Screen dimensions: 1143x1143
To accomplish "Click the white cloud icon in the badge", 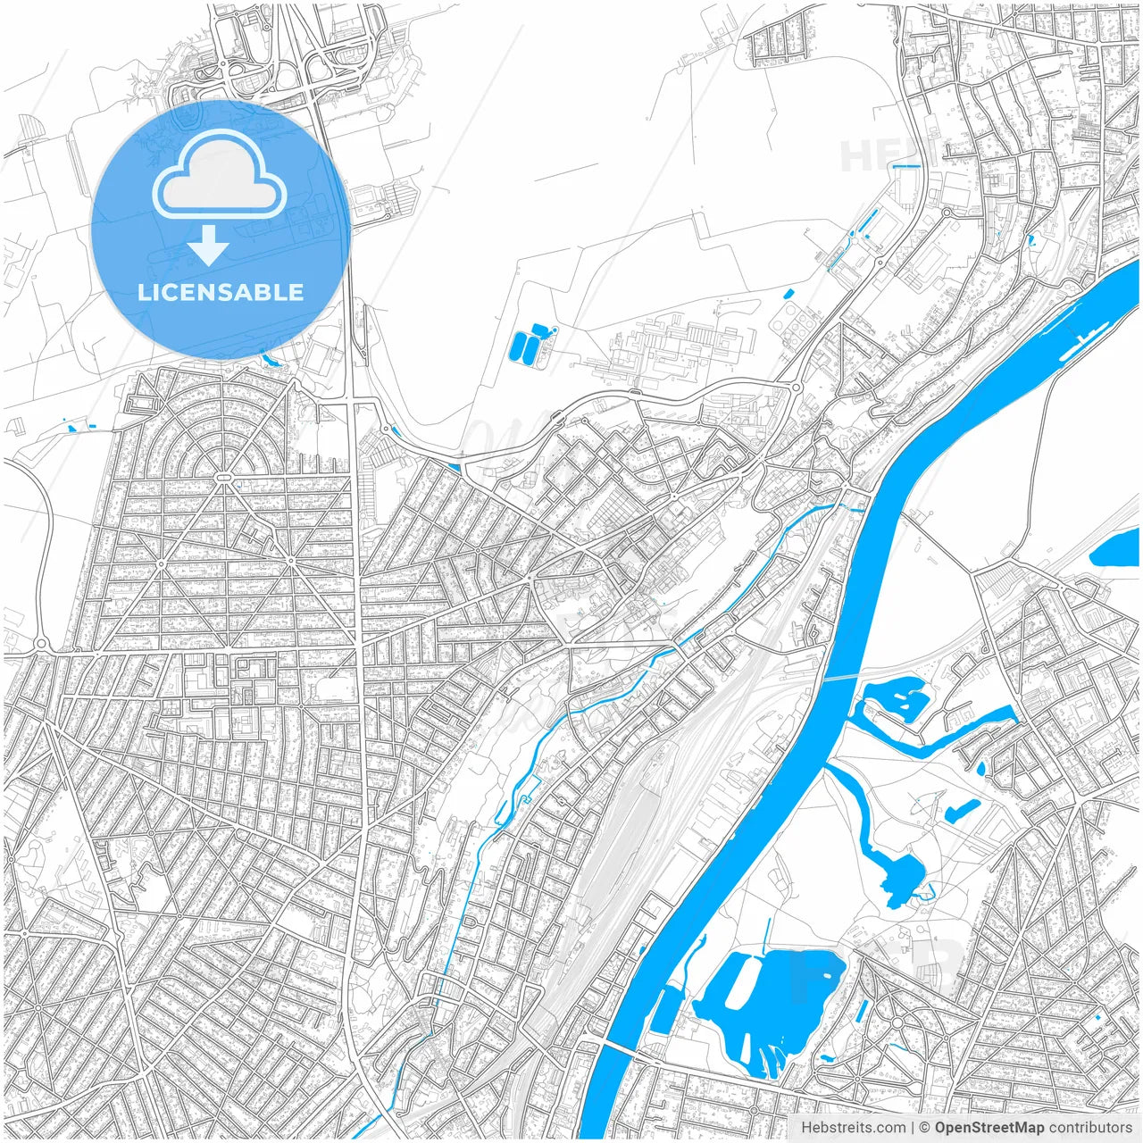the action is coord(220,178).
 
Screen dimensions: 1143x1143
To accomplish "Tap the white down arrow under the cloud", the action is coord(208,245).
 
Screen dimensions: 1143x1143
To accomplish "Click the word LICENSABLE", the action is coord(221,292).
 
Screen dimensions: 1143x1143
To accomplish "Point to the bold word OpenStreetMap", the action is coord(989,1128).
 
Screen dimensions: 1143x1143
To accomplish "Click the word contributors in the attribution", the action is coord(1090,1128).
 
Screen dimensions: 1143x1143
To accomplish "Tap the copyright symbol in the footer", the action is coord(925,1128).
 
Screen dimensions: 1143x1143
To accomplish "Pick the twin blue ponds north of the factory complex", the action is coord(526,345).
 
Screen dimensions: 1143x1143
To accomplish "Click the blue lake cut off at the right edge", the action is coord(1119,546).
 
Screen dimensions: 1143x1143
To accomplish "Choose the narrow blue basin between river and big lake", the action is coord(664,1009).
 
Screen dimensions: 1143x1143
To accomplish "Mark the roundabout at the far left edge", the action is coord(40,644).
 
